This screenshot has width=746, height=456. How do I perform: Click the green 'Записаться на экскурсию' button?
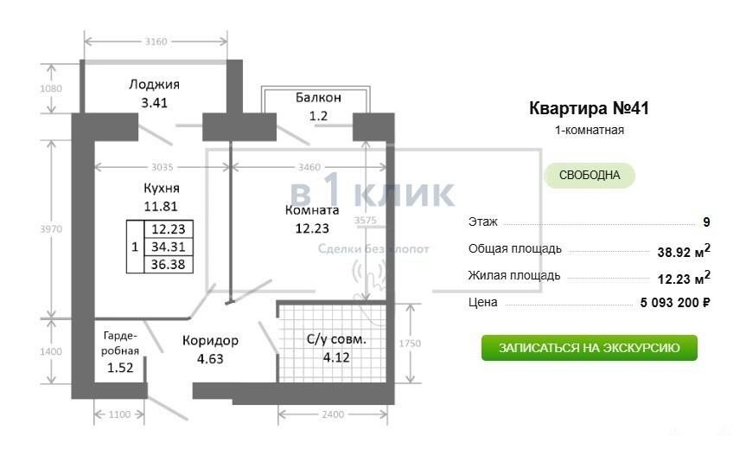tap(589, 348)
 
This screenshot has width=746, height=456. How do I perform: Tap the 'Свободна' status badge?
tap(590, 175)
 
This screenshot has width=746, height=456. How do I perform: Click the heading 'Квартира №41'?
tap(589, 108)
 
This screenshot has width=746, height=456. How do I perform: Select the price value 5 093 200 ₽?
tap(675, 302)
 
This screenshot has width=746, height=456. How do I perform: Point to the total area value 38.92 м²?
tap(684, 250)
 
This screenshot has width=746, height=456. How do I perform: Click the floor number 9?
tap(706, 222)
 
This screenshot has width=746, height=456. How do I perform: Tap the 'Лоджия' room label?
tap(154, 85)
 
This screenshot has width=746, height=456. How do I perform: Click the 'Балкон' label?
tap(318, 98)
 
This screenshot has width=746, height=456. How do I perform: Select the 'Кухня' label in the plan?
tap(162, 189)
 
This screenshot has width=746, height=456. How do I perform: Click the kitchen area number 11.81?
tap(161, 207)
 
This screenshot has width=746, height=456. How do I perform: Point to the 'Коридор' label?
tap(210, 341)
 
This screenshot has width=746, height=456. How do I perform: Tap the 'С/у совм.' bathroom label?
tap(336, 339)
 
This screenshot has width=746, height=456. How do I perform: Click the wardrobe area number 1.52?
tap(120, 368)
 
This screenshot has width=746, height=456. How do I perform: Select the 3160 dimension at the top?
tap(156, 42)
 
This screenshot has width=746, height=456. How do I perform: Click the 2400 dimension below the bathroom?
tap(333, 414)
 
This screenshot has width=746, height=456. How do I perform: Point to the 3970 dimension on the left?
tap(51, 229)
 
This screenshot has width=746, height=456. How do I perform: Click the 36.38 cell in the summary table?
tap(168, 264)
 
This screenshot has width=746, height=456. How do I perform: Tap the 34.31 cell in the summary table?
tap(168, 247)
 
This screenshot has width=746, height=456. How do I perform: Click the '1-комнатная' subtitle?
tap(589, 130)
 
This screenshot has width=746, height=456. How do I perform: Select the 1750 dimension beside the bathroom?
tap(410, 344)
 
